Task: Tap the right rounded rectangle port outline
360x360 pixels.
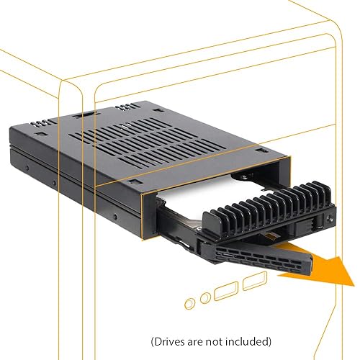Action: tap(253, 282)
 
